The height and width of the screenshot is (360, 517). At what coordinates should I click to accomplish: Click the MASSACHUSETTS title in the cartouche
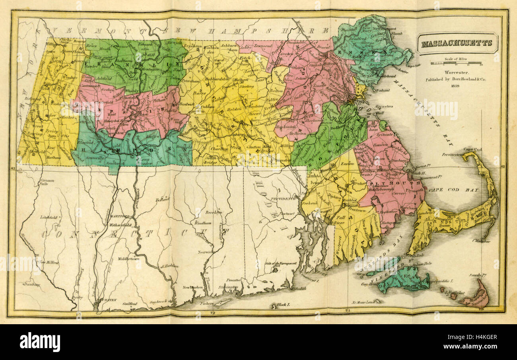457,43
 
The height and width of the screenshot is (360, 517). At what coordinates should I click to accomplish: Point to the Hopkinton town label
297,125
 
